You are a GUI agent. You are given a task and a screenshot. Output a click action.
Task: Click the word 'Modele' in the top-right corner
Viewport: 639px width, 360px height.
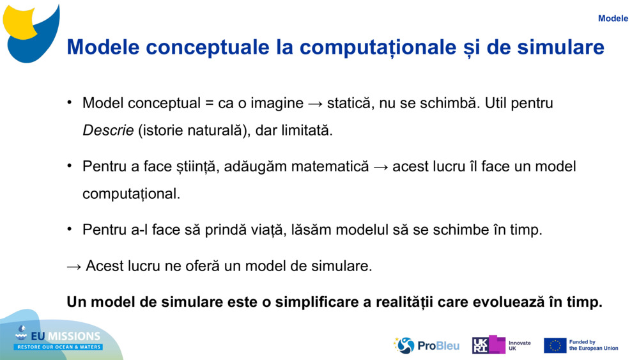(613, 19)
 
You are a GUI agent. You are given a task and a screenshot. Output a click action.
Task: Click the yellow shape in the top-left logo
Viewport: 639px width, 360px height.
(20, 21)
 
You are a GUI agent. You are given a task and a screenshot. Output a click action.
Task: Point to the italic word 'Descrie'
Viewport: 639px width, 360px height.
(108, 130)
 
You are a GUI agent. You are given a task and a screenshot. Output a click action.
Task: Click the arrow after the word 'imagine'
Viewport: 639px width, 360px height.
(316, 104)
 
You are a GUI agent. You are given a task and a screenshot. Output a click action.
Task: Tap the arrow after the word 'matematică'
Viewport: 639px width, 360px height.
(381, 167)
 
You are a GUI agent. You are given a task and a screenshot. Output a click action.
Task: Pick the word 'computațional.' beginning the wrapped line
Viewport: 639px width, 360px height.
(131, 194)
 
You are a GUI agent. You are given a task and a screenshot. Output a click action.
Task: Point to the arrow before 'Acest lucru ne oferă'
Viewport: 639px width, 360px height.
(74, 267)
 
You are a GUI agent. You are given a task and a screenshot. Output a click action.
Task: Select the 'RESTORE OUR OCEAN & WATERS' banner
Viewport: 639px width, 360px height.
(58, 347)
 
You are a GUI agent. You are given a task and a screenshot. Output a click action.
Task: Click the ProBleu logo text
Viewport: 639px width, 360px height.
(438, 346)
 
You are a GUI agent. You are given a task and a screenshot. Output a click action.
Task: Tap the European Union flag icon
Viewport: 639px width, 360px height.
(555, 345)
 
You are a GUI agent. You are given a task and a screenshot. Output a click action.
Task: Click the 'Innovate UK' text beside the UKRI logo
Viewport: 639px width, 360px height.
(520, 346)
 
